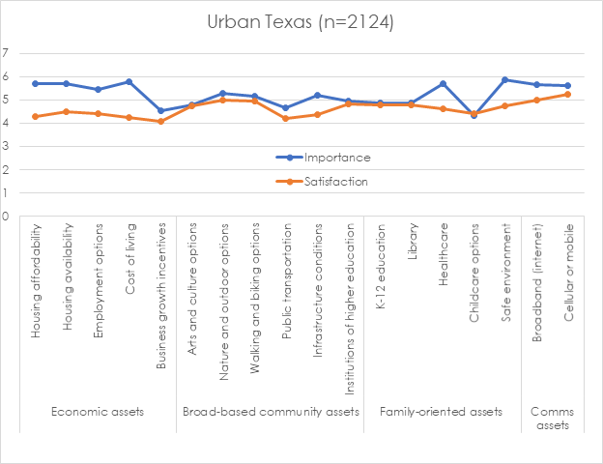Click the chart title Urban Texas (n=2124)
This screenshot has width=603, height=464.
point(301,22)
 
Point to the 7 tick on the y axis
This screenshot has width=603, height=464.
point(6,53)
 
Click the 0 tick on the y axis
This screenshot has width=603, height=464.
point(6,217)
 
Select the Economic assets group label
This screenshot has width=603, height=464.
point(98,411)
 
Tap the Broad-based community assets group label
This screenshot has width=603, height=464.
point(271,411)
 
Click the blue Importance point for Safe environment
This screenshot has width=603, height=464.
point(505,80)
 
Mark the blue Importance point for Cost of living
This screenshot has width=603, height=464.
point(129,82)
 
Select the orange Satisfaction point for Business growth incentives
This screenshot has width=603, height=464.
point(160,122)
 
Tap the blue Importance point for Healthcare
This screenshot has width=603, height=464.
point(443,84)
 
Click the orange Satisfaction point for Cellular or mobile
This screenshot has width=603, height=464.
point(568,95)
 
